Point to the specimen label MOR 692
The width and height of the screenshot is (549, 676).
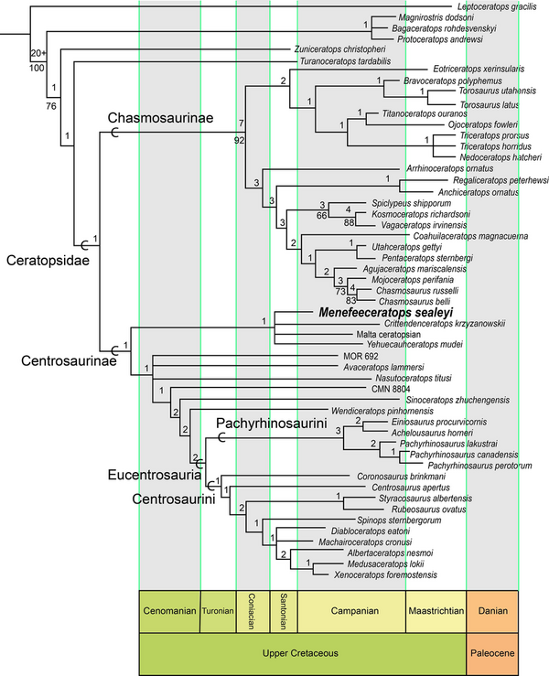click(353, 357)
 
